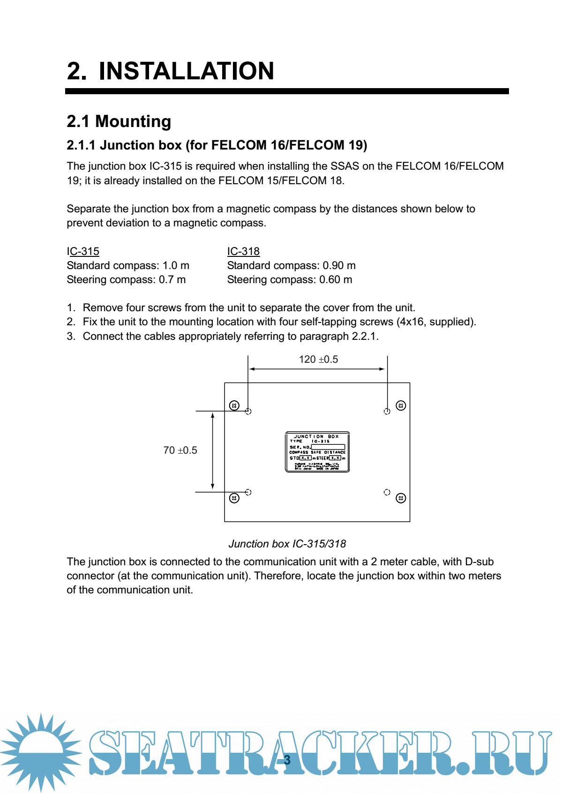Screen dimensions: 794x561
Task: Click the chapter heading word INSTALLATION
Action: coord(186,71)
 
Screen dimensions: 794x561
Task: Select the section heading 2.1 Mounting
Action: coord(119,121)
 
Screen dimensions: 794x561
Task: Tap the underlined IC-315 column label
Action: coord(83,251)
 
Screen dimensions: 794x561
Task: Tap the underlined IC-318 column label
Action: coord(243,251)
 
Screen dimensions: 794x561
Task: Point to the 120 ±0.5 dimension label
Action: coord(318,359)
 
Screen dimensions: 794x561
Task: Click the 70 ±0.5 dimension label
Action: coord(180,450)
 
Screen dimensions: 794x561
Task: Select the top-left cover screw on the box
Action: coord(234,405)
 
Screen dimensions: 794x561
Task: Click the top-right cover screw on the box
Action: coord(401,405)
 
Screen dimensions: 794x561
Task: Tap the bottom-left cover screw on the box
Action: coord(234,498)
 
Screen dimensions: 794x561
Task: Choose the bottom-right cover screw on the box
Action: coord(401,498)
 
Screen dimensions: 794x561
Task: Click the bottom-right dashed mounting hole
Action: coord(387,492)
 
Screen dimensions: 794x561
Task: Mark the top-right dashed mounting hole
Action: coord(387,411)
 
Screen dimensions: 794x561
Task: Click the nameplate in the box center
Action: coord(317,452)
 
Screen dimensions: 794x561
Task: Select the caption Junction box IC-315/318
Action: coord(287,544)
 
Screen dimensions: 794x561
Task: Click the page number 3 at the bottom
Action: coord(287,760)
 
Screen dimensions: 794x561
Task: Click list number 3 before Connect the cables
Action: coord(71,336)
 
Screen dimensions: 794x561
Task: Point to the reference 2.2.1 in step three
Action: coord(364,336)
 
